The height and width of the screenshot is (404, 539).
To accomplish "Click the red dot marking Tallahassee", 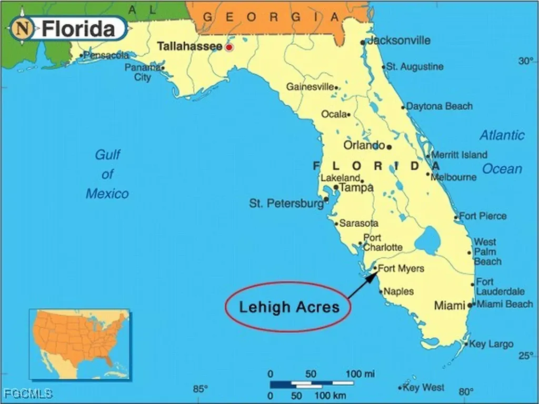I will point(229,47).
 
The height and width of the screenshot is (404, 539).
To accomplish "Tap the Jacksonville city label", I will point(398,41).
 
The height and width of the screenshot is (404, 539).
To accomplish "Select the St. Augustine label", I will point(415,67).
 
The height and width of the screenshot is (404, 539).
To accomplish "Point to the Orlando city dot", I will point(389,147).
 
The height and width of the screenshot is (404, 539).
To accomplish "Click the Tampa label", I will point(356,187).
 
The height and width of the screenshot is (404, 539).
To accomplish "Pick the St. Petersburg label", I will point(286,203).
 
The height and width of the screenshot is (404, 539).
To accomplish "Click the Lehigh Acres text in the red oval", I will point(289,307).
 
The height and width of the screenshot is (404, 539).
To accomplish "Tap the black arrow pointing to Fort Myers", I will point(363,285).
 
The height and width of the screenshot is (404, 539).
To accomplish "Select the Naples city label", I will point(398,291).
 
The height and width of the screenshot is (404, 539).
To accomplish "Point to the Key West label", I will point(423,388).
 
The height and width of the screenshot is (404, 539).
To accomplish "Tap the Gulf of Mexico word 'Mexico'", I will point(107,194).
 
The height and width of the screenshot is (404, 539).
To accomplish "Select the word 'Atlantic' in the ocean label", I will point(502,135).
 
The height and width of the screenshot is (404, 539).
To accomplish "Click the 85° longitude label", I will point(201,389).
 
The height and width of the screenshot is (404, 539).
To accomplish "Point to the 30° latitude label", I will point(525,61).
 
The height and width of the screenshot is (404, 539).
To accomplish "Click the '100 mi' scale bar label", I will point(361,373).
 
